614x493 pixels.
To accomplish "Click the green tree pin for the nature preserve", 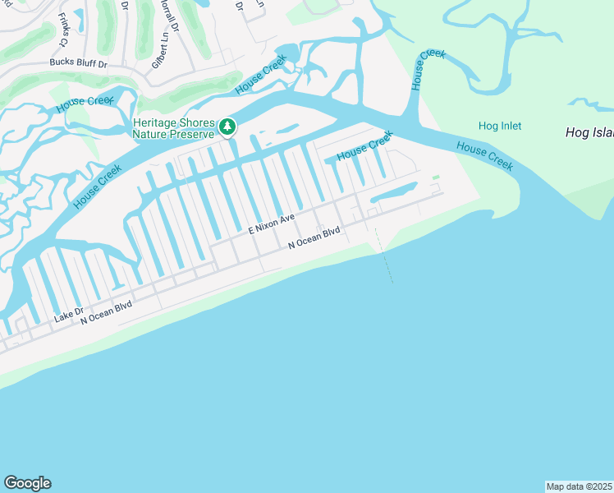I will click(x=227, y=127).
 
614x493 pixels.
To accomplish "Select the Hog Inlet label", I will click(x=500, y=126).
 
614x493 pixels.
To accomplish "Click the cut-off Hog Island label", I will click(x=589, y=132).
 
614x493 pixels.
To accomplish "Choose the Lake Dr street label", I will click(x=69, y=313).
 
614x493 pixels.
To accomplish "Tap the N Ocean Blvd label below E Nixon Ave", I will click(x=314, y=238).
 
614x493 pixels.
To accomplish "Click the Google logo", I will click(x=27, y=483).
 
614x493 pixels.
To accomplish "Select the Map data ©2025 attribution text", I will click(x=579, y=486).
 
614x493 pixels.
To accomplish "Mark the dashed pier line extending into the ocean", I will click(x=384, y=256).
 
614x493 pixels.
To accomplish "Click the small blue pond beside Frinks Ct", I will click(x=80, y=16).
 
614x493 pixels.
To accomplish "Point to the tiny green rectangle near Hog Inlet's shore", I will click(x=435, y=177).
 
